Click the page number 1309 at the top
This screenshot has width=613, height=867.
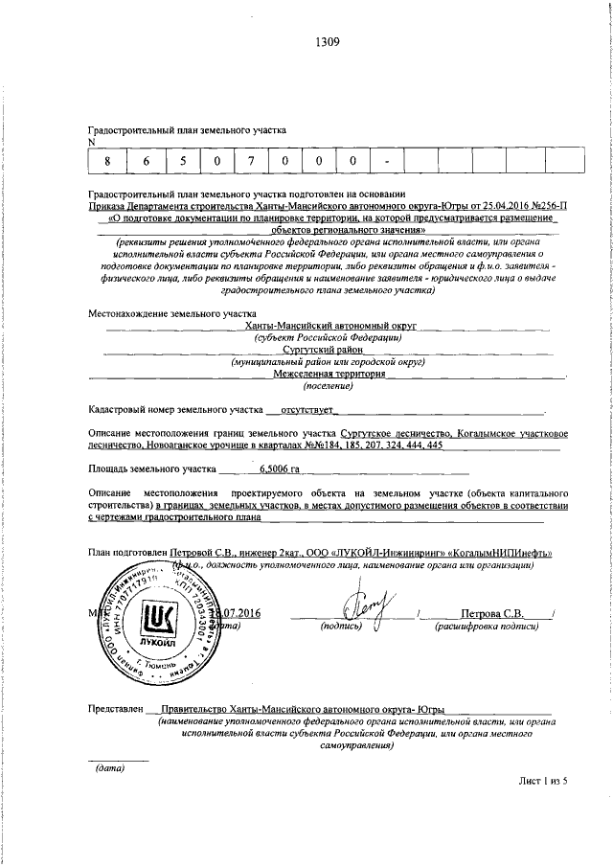point(327,41)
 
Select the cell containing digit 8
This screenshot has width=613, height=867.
point(108,161)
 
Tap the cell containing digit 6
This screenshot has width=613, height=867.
point(147,161)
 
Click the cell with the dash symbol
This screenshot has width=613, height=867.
point(387,161)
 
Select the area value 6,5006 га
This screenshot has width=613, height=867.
point(280,469)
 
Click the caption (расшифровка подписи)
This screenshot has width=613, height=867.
point(486,627)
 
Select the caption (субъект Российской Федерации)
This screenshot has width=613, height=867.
point(328,337)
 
